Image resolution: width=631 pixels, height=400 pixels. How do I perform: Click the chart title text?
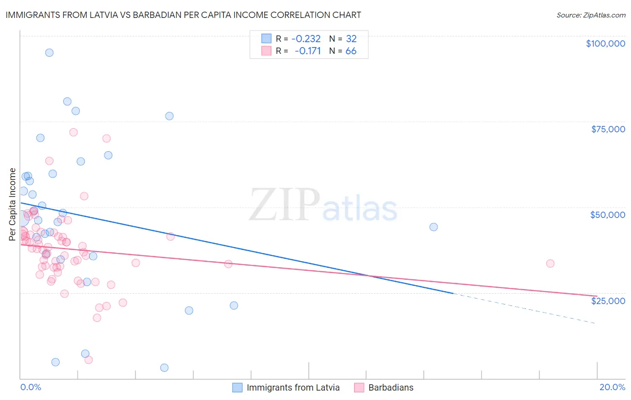[183, 15]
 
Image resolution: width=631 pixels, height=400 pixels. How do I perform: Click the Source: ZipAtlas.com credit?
[591, 15]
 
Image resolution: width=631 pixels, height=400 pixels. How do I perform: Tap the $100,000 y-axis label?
[605, 43]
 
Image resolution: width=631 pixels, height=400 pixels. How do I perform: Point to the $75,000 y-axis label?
[608, 129]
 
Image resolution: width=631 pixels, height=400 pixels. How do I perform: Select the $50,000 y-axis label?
[607, 215]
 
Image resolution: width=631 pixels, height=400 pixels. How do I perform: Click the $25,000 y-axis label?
[608, 300]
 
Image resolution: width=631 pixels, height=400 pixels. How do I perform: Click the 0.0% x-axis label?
[31, 387]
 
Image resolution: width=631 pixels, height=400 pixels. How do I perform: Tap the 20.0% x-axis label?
[612, 387]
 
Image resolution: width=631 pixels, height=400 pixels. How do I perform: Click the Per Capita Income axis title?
[13, 204]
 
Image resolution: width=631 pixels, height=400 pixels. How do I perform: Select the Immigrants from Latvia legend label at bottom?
[293, 387]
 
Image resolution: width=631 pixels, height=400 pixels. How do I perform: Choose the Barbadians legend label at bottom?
[391, 387]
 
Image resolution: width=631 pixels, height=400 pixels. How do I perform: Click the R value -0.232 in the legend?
[306, 39]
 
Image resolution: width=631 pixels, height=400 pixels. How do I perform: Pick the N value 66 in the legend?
[351, 51]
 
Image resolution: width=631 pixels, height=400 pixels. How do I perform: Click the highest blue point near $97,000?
[49, 52]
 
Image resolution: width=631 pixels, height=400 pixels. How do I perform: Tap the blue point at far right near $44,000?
[434, 227]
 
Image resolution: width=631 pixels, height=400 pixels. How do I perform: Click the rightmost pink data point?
[550, 263]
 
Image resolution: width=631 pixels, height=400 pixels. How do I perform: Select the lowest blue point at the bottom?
[164, 368]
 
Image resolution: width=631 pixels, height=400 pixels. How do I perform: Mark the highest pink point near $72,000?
[74, 132]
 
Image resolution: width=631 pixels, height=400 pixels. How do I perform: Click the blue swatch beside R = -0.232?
[267, 39]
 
